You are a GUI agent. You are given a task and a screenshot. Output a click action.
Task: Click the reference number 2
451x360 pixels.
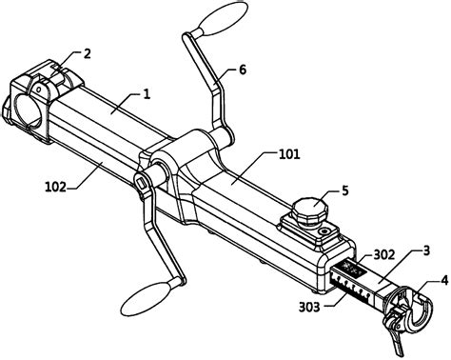[88, 54]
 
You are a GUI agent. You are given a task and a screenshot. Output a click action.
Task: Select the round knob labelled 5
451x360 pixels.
[309, 208]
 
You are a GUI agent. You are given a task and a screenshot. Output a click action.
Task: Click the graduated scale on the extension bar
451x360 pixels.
[353, 283]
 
